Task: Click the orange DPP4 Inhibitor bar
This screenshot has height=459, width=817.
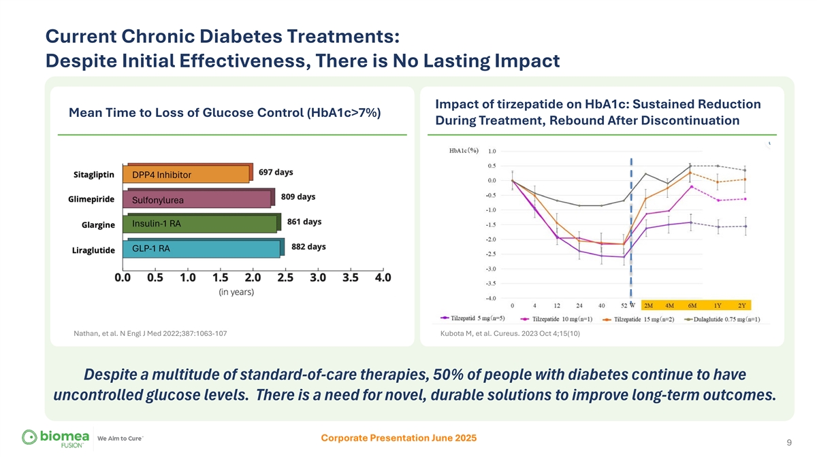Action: (187, 175)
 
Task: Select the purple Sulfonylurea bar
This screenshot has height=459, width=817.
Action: (197, 199)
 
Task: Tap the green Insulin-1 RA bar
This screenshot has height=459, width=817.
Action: (201, 224)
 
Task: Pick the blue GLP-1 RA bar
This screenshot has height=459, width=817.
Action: (202, 249)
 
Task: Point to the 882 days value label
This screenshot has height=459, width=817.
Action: (308, 247)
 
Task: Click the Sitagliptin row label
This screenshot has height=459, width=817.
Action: (93, 173)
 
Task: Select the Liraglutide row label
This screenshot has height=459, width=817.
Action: (93, 250)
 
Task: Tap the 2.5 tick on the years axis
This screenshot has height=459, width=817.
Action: (285, 277)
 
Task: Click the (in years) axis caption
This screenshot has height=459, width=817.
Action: (236, 292)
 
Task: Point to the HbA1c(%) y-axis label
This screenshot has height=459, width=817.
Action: (464, 150)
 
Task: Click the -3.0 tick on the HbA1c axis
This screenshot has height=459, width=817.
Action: (490, 269)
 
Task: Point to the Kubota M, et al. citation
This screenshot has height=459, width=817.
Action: (511, 333)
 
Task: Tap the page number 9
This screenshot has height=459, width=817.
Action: (788, 443)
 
